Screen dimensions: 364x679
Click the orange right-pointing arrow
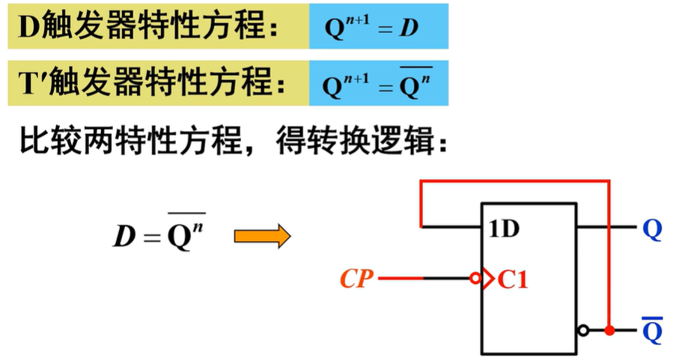(261, 237)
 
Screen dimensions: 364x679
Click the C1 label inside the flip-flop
(513, 281)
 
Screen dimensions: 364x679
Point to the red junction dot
(610, 330)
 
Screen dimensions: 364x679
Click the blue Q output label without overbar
(652, 229)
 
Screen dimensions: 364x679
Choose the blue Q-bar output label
(652, 329)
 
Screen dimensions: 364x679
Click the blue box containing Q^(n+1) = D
(379, 28)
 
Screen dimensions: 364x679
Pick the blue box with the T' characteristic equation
(379, 85)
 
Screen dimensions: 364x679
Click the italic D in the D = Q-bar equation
(124, 237)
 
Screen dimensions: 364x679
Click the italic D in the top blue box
(408, 29)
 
